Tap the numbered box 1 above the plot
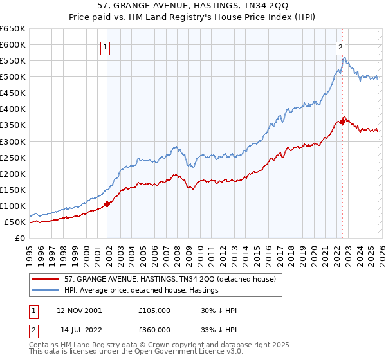pos(105,46)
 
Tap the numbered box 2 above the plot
pos(340,46)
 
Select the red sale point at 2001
pos(107,204)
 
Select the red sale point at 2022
pos(342,122)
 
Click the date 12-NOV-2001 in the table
pos(79,310)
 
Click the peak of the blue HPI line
pos(345,57)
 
